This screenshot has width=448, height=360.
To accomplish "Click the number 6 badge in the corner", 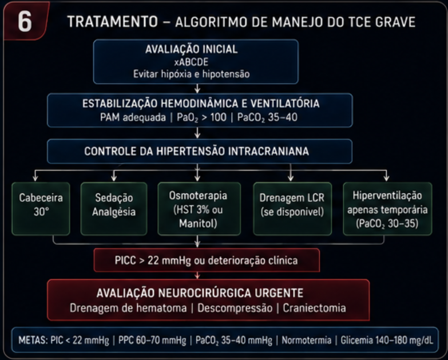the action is [25, 21].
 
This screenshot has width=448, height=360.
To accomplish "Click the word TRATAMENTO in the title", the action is [112, 22].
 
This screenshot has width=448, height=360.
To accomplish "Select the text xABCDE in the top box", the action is [191, 62].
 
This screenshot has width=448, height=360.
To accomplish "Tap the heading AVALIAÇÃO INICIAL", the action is [192, 49].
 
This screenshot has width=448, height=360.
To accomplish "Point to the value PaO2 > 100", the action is [201, 117].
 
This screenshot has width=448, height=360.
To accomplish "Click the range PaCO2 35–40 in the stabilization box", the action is [267, 117].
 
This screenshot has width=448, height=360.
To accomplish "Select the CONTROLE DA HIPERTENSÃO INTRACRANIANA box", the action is [200, 151].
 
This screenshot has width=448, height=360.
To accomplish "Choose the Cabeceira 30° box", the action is [41, 209].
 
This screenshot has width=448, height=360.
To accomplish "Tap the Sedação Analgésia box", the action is [114, 209].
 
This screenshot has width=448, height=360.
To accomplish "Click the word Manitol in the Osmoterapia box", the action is [197, 223].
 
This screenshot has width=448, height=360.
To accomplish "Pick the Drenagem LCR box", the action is [292, 209].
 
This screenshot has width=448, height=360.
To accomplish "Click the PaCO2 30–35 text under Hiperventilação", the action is [387, 223].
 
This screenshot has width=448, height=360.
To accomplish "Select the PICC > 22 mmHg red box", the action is [207, 260].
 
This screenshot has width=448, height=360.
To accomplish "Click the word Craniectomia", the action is [314, 308].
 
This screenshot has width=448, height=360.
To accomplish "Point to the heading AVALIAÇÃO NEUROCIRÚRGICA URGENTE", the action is [200, 293].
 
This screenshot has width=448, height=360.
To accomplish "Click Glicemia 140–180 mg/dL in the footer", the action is [387, 341].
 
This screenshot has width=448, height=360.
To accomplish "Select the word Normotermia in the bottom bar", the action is [306, 341].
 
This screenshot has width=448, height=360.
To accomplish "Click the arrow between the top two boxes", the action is [197, 89].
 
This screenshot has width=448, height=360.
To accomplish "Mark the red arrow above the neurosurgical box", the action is [197, 275].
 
